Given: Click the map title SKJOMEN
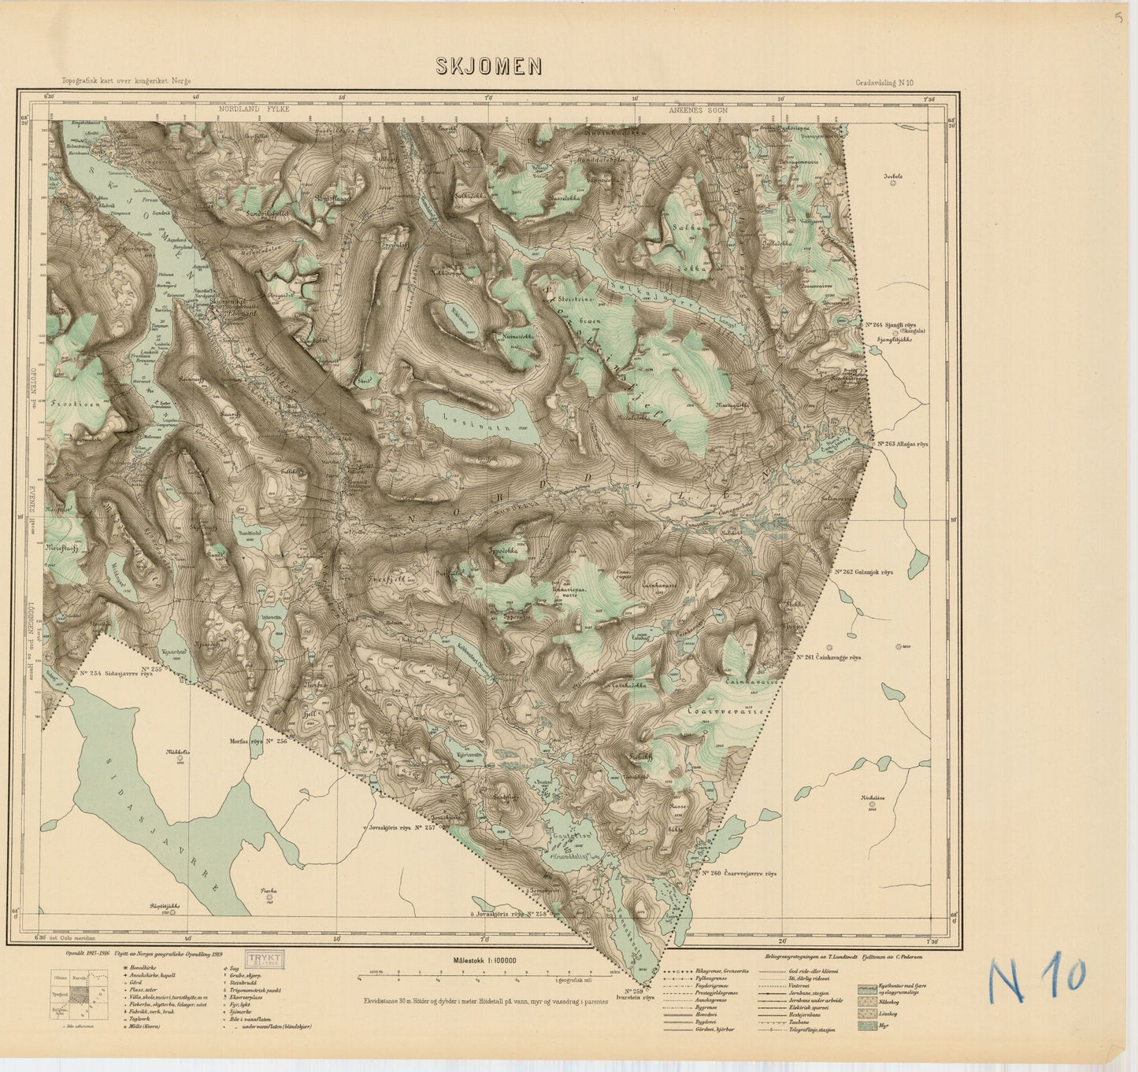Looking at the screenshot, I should pyautogui.click(x=489, y=67).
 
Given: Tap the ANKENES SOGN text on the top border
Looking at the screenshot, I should pyautogui.click(x=698, y=111).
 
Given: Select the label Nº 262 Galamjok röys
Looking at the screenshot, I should pyautogui.click(x=873, y=572).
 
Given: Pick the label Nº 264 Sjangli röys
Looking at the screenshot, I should pyautogui.click(x=893, y=324).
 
